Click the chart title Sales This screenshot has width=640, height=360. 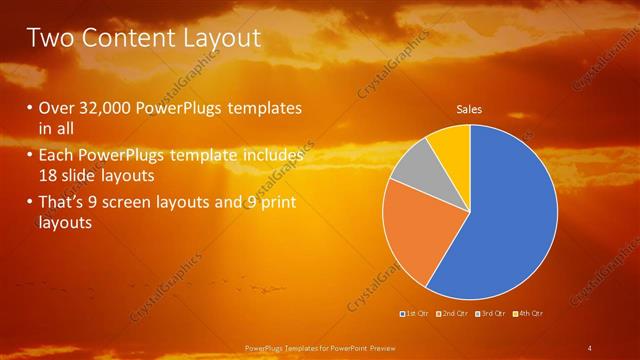pyautogui.click(x=470, y=108)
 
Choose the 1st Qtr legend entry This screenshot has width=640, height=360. pyautogui.click(x=416, y=314)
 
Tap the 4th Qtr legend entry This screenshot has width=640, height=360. pyautogui.click(x=530, y=314)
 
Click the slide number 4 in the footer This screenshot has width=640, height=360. pyautogui.click(x=590, y=348)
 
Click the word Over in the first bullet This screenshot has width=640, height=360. pyautogui.click(x=56, y=108)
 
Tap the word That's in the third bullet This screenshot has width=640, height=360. pyautogui.click(x=62, y=204)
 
